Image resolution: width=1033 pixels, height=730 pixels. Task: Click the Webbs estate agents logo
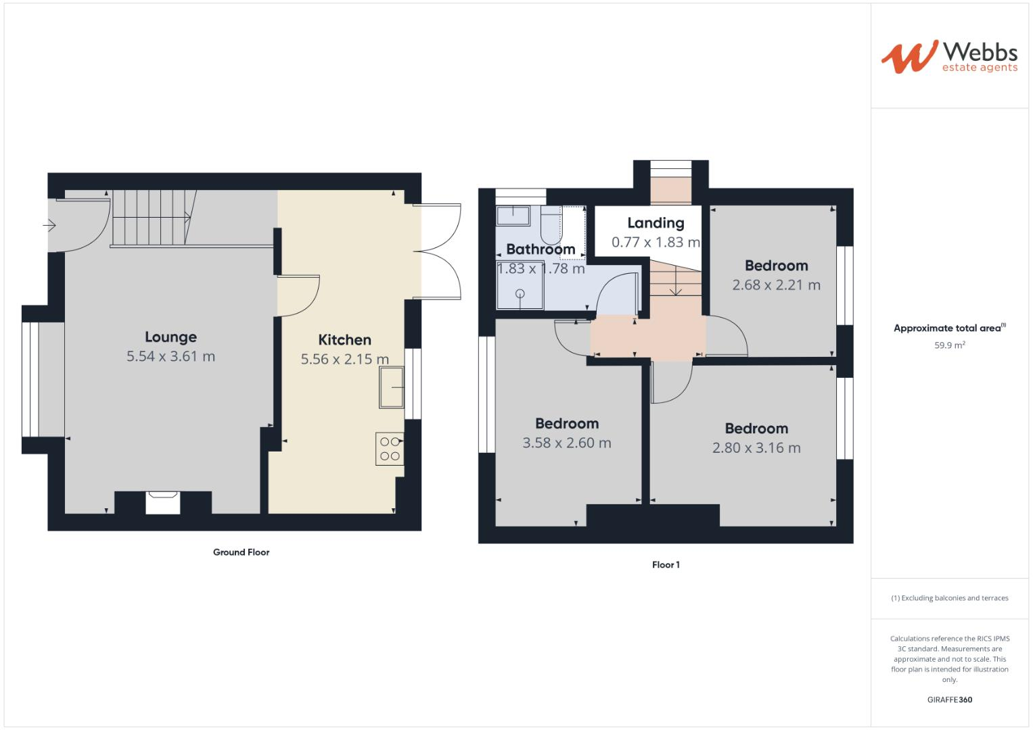948,56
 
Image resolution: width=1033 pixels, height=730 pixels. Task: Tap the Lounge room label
170,337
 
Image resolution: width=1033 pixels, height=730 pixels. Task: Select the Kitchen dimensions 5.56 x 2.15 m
344,359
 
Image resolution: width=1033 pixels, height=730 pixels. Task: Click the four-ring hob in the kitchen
390,449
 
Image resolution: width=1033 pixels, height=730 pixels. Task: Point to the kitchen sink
391,387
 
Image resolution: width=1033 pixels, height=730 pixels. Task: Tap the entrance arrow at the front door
49,224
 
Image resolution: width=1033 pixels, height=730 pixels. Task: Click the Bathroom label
541,249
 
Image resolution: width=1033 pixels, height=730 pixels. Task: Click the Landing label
656,222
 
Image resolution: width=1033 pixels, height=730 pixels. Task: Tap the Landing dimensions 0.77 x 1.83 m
656,242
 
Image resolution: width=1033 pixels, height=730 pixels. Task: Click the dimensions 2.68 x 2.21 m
776,285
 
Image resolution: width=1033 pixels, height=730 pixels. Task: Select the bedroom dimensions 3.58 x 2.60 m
566,443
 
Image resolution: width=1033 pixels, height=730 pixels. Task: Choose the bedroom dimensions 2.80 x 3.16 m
756,447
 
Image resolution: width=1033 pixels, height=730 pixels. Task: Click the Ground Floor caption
241,552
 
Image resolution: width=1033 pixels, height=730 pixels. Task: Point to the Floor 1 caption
666,564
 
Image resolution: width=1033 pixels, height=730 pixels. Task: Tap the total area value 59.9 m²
949,345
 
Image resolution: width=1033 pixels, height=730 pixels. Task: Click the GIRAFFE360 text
949,700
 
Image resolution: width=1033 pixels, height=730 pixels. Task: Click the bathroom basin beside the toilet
514,216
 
